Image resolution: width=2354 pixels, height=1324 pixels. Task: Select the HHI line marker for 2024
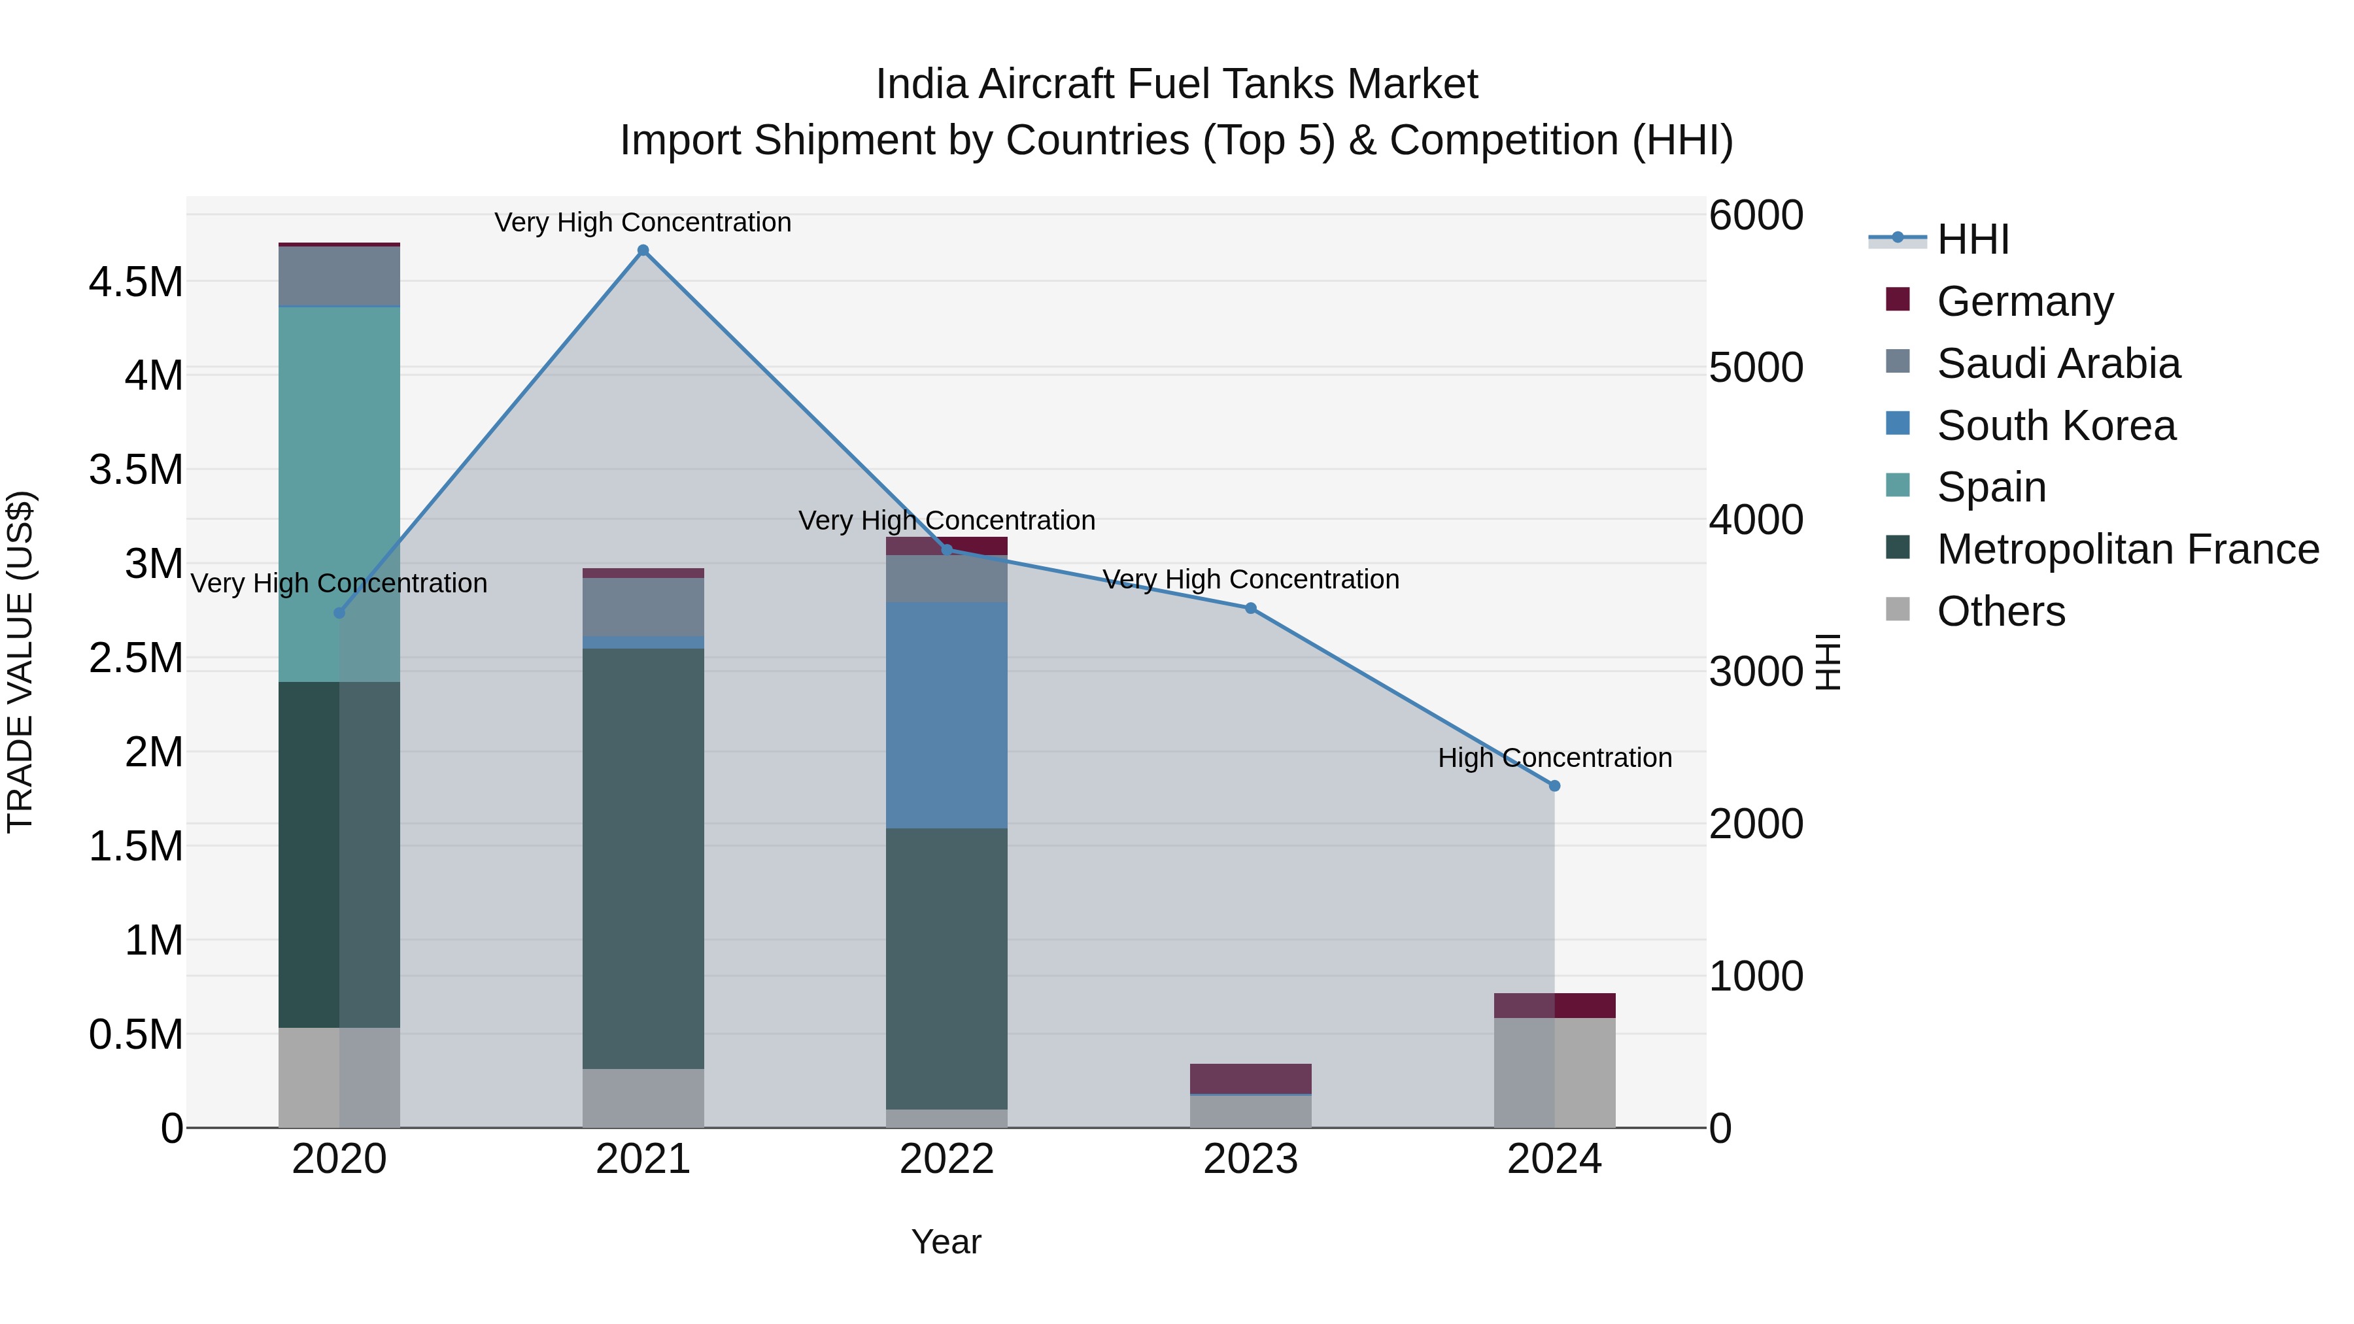coord(1554,786)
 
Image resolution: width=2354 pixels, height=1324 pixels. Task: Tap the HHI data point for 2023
coord(1250,609)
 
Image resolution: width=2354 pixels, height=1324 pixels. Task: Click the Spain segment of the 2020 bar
coord(339,494)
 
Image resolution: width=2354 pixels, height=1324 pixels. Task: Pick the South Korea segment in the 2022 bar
coord(947,715)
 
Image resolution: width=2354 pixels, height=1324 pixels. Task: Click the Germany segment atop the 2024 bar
coord(1554,1005)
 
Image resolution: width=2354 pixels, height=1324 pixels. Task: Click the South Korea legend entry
coord(2055,426)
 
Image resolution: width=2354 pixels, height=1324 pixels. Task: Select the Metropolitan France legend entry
coord(2126,549)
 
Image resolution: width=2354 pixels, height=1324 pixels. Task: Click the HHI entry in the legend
coord(1972,239)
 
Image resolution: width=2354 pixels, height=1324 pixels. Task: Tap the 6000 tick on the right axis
coord(1756,216)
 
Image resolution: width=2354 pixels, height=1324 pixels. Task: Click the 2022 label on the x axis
coord(947,1159)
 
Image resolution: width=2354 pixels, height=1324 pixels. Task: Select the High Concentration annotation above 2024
coord(1554,758)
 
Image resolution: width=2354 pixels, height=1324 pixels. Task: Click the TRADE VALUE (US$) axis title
coord(20,662)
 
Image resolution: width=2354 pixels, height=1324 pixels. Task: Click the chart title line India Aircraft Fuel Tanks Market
coord(1176,84)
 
